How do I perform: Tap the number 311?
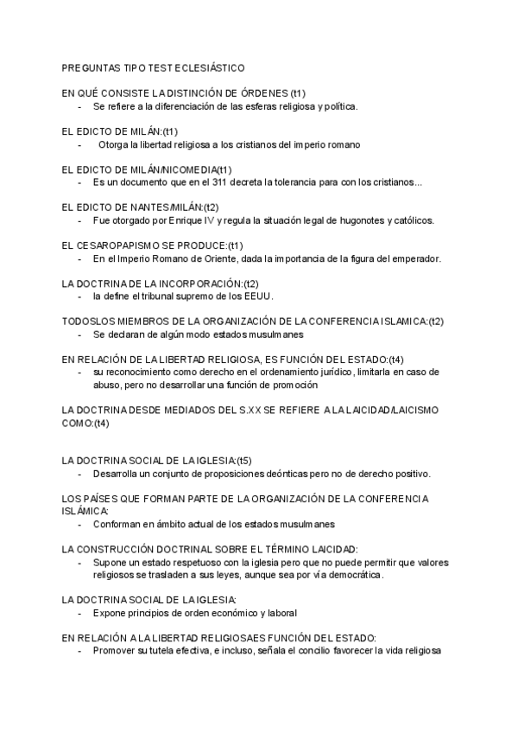248,182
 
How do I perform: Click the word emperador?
413,258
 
